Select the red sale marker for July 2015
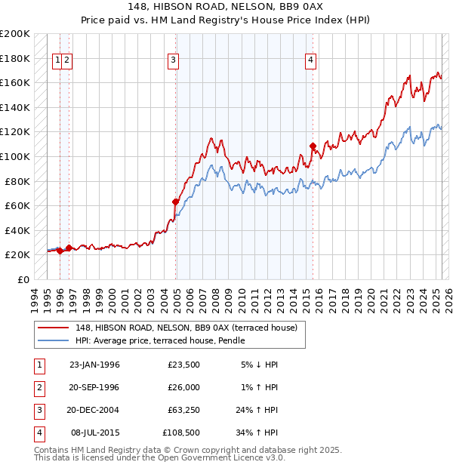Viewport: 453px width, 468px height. point(313,146)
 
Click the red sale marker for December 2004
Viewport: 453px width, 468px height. point(175,202)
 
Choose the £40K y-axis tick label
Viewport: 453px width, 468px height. point(17,230)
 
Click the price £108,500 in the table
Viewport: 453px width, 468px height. point(181,433)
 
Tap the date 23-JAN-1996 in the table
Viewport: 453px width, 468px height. point(94,365)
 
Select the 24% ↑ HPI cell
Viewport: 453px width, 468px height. point(257,410)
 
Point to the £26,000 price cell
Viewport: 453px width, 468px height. point(183,387)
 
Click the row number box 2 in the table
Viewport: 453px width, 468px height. point(39,387)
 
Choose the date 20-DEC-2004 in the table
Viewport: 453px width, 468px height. point(94,410)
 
